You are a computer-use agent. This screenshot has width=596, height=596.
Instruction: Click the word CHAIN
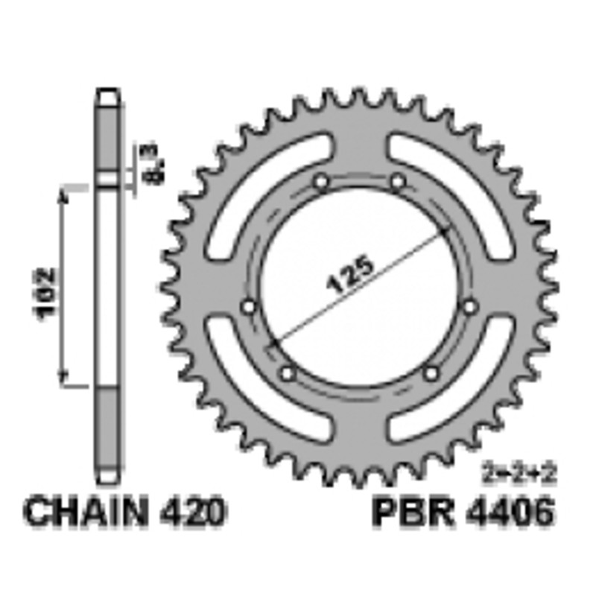click(x=89, y=513)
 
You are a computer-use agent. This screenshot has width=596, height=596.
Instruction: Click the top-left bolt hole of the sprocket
click(x=321, y=182)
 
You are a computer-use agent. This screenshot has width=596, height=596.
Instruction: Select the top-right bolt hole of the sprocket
click(x=397, y=182)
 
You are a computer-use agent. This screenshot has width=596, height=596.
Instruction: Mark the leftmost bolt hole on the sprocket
click(x=250, y=306)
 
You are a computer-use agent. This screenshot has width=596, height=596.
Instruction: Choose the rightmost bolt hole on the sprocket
click(x=469, y=306)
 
